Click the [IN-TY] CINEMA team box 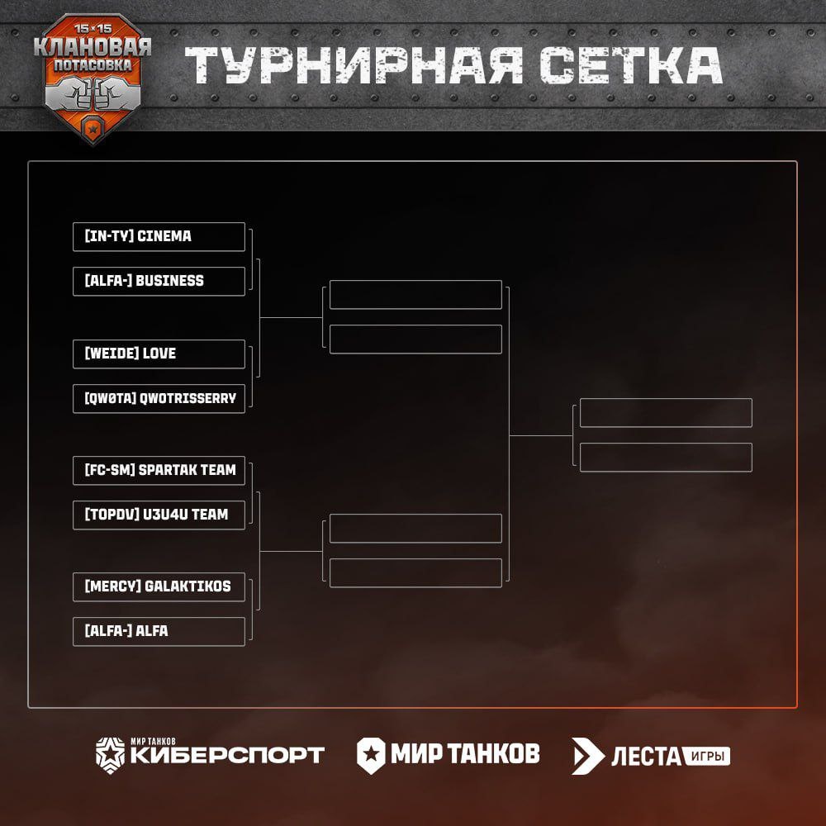pos(159,236)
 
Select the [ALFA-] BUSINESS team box pos(159,281)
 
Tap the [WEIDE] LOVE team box pos(159,354)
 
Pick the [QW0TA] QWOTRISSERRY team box pos(159,398)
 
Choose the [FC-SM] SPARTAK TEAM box pos(159,470)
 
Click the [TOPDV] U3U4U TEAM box pos(159,515)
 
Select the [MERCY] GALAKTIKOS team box pos(159,586)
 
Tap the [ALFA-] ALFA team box pos(159,631)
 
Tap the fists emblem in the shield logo pos(93,93)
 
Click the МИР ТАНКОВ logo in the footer pos(449,752)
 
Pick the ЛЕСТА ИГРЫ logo pos(651,755)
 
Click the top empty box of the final pos(666,413)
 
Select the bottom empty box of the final pos(666,458)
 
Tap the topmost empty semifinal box pos(415,295)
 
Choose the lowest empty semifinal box pos(415,573)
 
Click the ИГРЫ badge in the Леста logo pos(706,755)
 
